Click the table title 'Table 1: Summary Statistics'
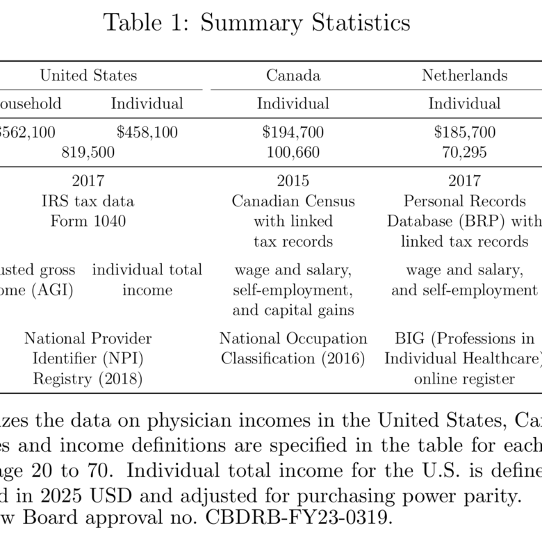click(x=256, y=23)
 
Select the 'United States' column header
click(x=88, y=76)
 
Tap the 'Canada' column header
click(x=293, y=76)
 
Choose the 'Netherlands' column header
click(x=464, y=76)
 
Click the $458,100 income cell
click(x=147, y=132)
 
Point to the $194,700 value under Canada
click(x=293, y=132)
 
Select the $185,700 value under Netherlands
click(x=464, y=132)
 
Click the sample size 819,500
click(x=88, y=152)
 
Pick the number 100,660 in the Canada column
click(x=293, y=152)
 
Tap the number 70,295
click(x=464, y=152)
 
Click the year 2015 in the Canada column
click(x=293, y=181)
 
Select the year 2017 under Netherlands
click(x=464, y=181)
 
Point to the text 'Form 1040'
click(x=88, y=222)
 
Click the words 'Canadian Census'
click(x=293, y=202)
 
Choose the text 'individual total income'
click(x=147, y=279)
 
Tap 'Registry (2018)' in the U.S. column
click(x=88, y=379)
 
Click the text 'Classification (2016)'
click(x=293, y=359)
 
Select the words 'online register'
click(x=464, y=379)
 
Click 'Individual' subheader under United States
click(x=147, y=104)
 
